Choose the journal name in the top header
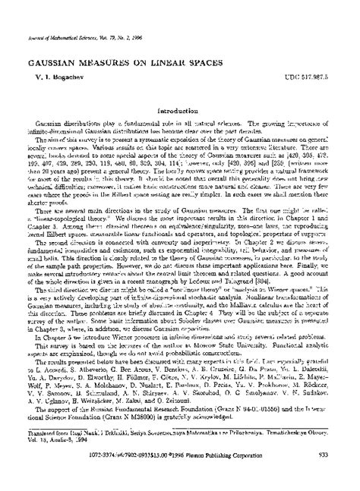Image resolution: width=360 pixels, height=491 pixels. [x=61, y=9]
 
